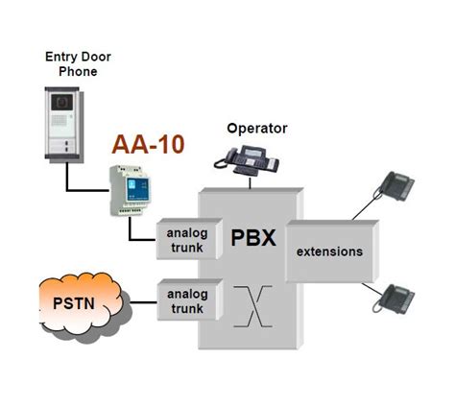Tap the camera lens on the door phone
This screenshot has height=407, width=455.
click(x=62, y=100)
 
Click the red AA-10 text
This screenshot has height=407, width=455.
click(x=148, y=146)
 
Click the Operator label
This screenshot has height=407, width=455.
click(x=256, y=129)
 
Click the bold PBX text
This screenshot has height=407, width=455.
click(x=253, y=236)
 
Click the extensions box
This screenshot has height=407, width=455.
click(x=329, y=251)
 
